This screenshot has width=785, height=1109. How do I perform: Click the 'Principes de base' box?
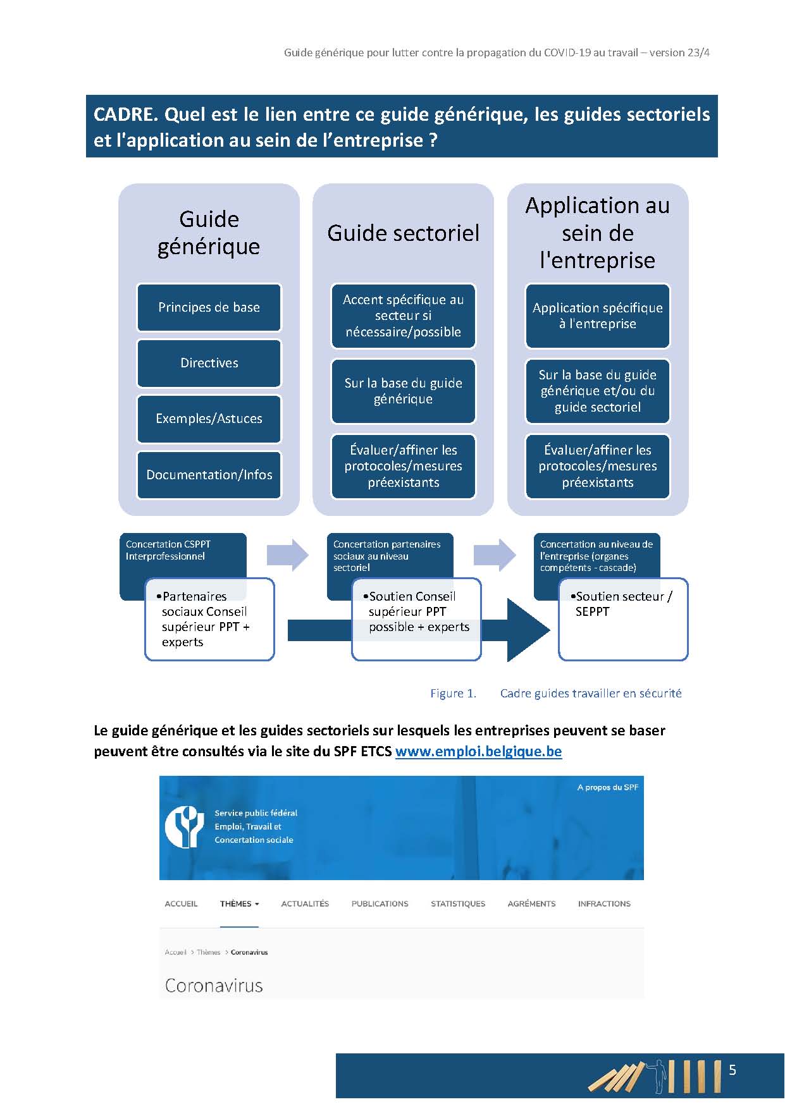point(209,307)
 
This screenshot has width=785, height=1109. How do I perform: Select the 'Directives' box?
point(209,363)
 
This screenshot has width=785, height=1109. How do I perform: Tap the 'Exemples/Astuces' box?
point(209,419)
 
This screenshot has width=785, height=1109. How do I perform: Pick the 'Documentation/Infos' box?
point(209,475)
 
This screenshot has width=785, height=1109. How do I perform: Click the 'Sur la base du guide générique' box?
point(403,391)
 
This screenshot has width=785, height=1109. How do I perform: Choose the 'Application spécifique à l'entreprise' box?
point(597,316)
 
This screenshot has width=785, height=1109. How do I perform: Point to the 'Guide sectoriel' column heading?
point(403,233)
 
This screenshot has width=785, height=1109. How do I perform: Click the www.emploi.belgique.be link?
point(478,751)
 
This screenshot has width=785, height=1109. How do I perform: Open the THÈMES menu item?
point(239,904)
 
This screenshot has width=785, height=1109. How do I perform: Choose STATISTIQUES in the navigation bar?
point(458,904)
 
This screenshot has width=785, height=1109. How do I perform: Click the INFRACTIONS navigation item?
point(604,904)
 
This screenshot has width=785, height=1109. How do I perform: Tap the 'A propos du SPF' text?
point(607,787)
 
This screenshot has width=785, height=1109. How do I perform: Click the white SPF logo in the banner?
point(184,826)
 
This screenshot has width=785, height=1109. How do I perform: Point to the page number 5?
point(732,1070)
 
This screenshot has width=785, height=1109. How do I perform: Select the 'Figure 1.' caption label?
point(453,694)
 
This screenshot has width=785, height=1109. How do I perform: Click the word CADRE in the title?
point(125,114)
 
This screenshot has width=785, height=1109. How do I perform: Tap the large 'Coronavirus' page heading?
point(214,986)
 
